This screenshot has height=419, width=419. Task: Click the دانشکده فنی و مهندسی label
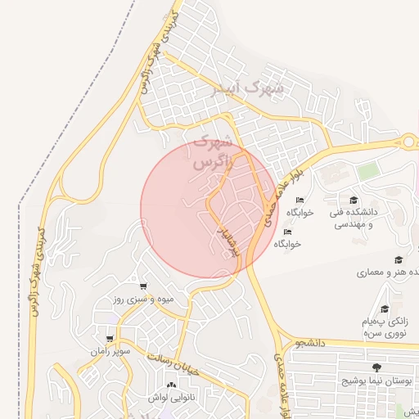point(351,218)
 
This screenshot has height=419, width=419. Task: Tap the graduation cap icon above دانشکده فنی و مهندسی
point(354,200)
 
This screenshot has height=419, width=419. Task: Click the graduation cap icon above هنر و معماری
point(399,259)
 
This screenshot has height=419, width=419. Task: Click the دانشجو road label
point(312,343)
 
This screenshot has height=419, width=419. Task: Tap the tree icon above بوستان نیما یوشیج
point(376,367)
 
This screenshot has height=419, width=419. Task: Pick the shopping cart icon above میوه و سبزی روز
point(144,286)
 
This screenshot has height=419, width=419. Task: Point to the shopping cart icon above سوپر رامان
point(110,338)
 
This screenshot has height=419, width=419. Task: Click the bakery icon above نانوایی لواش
point(171,385)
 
